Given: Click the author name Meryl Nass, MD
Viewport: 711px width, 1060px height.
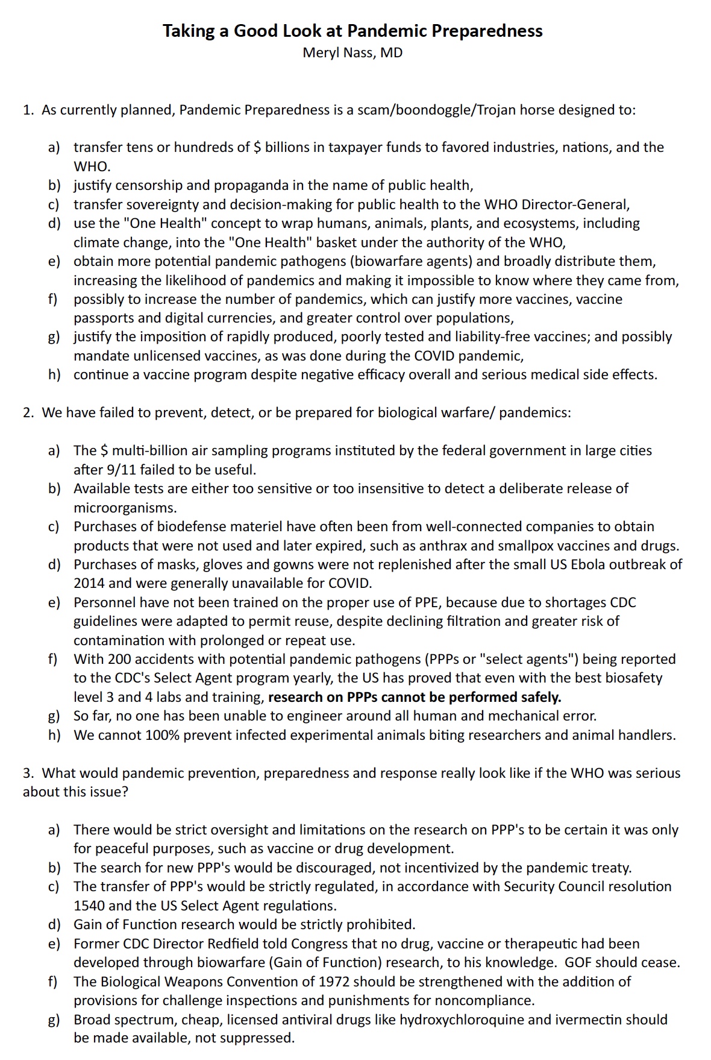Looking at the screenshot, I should click(x=352, y=53).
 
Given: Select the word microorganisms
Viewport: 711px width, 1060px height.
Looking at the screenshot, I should click(x=125, y=508).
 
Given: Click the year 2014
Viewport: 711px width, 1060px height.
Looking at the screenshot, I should click(x=89, y=584).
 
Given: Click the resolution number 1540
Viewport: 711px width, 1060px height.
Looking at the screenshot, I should click(x=89, y=906).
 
